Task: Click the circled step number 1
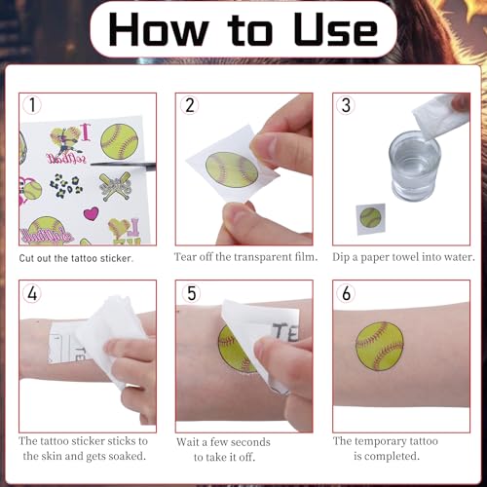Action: (32, 105)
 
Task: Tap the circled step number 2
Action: (190, 105)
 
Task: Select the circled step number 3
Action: (346, 105)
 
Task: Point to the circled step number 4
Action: (32, 293)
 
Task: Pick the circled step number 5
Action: (191, 293)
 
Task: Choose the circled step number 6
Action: (346, 293)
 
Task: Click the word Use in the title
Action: (335, 29)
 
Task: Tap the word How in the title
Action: (159, 29)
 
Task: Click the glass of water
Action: (415, 166)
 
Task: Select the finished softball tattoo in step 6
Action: (380, 346)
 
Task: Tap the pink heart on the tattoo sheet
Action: (91, 213)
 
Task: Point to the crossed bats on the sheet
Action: (115, 187)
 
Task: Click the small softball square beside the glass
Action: (370, 218)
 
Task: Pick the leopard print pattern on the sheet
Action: (66, 186)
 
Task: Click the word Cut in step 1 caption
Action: (27, 258)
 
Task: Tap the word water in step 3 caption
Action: (460, 257)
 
